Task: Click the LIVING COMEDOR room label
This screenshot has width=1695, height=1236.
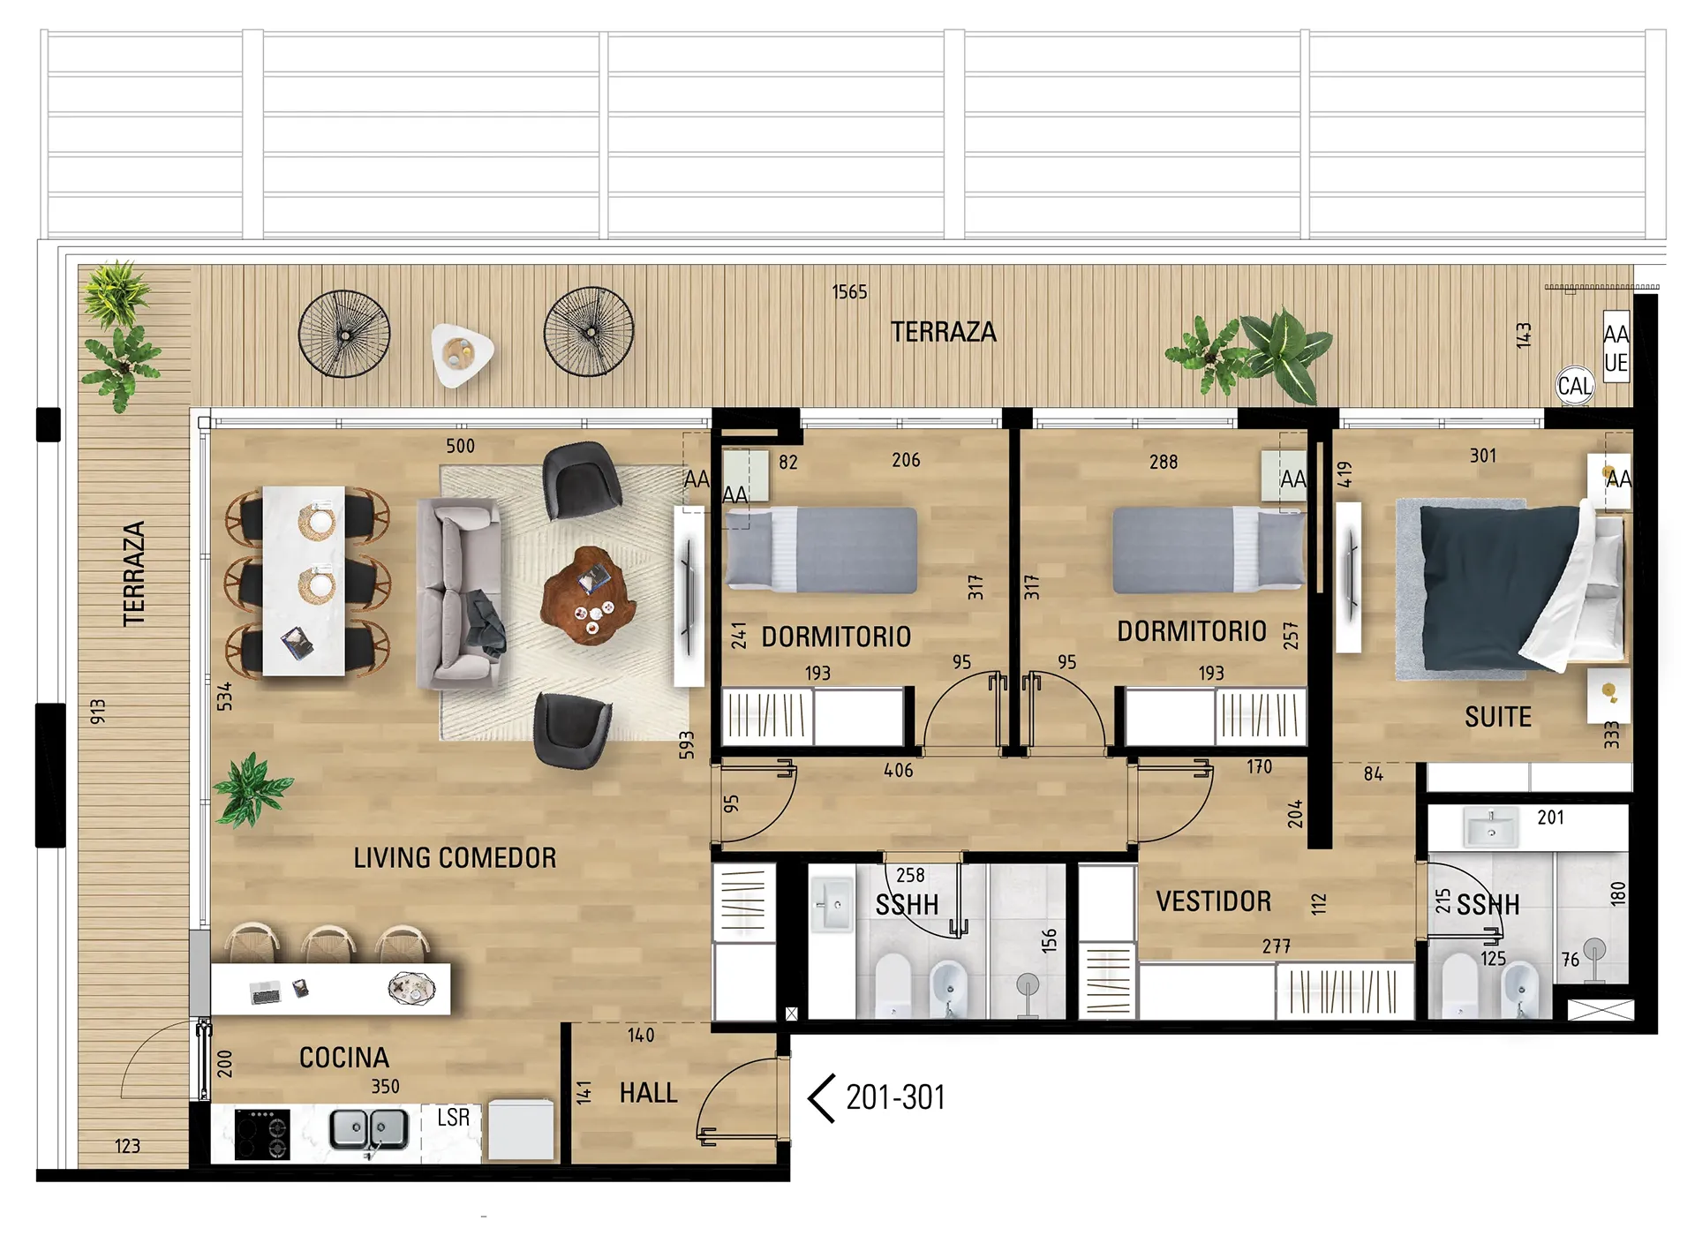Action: [x=455, y=857]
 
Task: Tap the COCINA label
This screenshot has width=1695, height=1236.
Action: [x=344, y=1057]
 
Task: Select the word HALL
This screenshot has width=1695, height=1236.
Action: [x=648, y=1093]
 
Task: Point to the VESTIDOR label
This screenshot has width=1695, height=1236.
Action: [x=1214, y=901]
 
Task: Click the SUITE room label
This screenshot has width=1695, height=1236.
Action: [x=1498, y=717]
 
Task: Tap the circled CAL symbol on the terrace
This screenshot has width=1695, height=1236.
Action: [x=1575, y=386]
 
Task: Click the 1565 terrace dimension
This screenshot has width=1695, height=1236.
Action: [x=849, y=292]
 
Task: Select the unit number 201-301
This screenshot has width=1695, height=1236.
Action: [x=895, y=1097]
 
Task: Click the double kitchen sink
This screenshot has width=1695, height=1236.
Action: [x=369, y=1130]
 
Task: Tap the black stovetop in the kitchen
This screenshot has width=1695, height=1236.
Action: [x=262, y=1134]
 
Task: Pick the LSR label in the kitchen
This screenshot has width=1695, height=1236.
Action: [x=453, y=1118]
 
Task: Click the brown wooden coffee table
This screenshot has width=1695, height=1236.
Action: [x=589, y=596]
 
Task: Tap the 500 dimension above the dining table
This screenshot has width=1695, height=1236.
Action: [x=460, y=446]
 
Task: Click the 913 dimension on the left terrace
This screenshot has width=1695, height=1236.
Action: [x=98, y=712]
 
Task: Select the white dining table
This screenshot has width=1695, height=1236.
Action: [x=304, y=581]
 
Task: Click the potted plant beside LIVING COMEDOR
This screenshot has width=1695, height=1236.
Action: [x=252, y=789]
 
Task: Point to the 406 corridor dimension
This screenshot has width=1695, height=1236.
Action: [x=899, y=771]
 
